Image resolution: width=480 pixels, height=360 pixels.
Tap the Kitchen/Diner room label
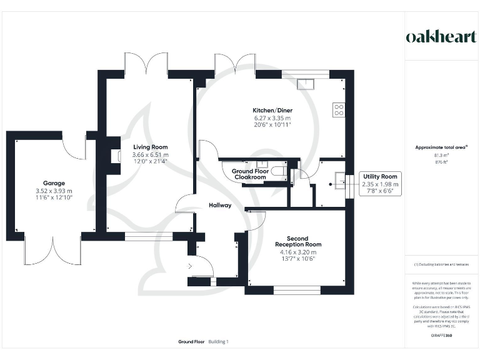coord(272,110)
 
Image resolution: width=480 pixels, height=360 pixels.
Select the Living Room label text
coord(150,147)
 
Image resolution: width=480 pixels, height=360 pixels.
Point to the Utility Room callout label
coord(380,177)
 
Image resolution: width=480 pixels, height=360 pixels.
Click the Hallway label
coord(220,205)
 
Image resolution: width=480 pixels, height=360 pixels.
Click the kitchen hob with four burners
coord(339,110)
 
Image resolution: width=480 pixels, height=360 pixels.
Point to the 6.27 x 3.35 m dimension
coord(272,117)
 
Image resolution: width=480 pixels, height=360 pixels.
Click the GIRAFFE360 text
coord(441,336)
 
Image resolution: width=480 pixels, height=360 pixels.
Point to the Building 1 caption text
coord(219,342)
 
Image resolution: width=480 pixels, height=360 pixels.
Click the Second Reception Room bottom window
coord(297,289)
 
